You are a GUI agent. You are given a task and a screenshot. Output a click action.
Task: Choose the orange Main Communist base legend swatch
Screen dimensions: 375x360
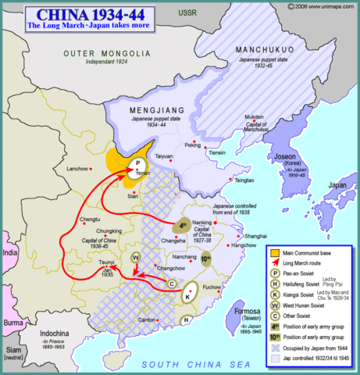[x=273, y=252]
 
